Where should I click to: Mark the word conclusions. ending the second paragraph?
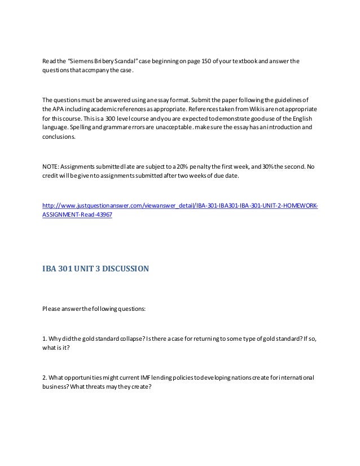(58, 137)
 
